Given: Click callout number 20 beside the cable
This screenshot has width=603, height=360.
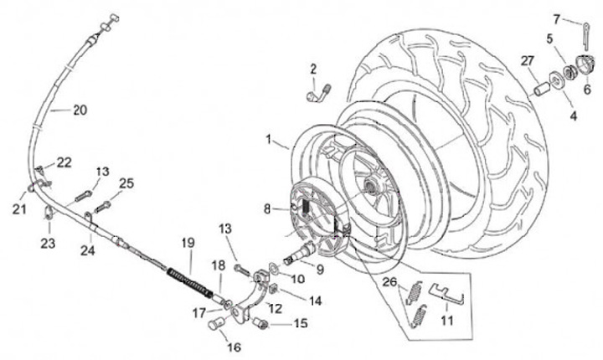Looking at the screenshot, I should pyautogui.click(x=80, y=110).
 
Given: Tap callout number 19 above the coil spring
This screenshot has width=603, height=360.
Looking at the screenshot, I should pyautogui.click(x=187, y=243).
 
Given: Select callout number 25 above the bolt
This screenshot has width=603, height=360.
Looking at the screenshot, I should pyautogui.click(x=126, y=183).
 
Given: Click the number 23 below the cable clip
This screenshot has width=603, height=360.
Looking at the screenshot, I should pyautogui.click(x=48, y=244).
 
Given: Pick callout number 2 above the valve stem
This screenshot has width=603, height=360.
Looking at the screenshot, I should pyautogui.click(x=312, y=69).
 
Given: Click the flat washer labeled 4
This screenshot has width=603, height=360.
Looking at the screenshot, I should pyautogui.click(x=554, y=85).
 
